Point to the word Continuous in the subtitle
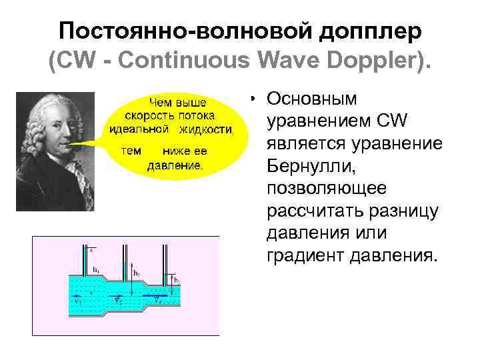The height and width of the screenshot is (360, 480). point(199,62)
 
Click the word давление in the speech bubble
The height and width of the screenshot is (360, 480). point(175,164)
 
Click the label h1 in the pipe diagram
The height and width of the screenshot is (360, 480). point(97,270)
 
